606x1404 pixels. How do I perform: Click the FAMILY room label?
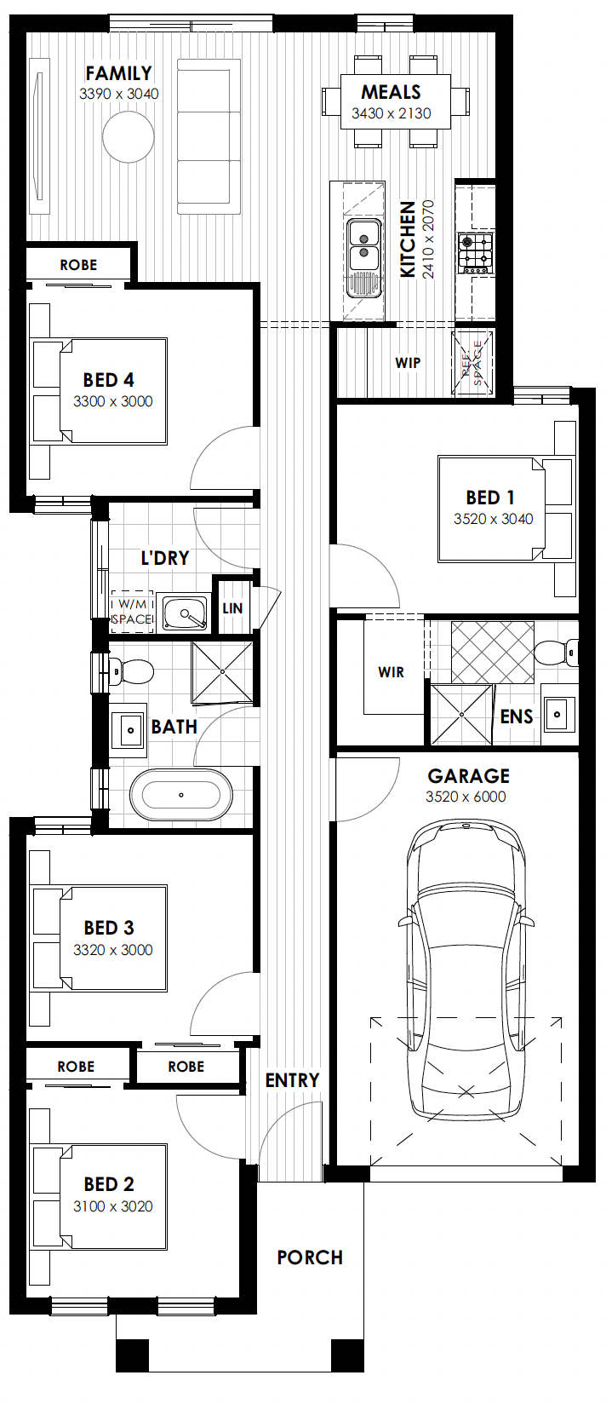[119, 73]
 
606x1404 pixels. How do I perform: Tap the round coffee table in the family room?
[129, 136]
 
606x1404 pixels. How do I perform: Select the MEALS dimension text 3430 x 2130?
[392, 113]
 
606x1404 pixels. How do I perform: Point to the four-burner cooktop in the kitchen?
[475, 252]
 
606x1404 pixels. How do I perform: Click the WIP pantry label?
[408, 363]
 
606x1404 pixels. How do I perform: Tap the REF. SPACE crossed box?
[472, 364]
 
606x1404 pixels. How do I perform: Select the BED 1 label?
[490, 498]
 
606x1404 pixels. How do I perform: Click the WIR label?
[392, 672]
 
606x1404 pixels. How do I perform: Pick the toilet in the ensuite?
[557, 653]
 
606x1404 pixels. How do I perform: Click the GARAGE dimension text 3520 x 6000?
[466, 797]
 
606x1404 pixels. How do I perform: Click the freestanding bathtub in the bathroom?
[181, 795]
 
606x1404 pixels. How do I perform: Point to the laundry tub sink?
[185, 613]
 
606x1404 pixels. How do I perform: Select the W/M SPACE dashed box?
[132, 612]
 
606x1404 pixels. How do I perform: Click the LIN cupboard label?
[232, 608]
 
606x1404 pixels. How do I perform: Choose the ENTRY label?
[292, 1080]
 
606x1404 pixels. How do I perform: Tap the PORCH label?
[310, 1258]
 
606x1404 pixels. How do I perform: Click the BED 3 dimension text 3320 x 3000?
[112, 950]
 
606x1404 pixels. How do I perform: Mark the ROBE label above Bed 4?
[78, 265]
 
